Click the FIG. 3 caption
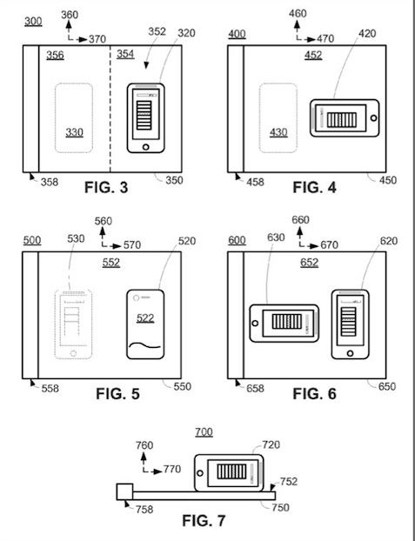coord(106,187)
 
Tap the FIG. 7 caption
coord(204,520)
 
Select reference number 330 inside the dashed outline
coord(74,132)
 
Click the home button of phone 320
coord(145,147)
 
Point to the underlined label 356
coord(55,55)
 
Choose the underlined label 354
coord(125,54)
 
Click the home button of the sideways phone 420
coord(373,118)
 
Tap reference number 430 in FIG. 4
coord(278,132)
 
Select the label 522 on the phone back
coord(145,317)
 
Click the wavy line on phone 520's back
coord(144,344)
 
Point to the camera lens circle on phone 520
coord(137,297)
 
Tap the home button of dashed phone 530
coord(73,353)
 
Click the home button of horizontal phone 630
coord(255,324)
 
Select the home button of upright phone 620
coord(350,353)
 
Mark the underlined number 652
coord(309,263)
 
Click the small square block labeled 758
coord(124,491)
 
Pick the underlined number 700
coord(204,432)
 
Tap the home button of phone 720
coord(200,472)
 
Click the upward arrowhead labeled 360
coord(69,24)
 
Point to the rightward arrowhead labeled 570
coord(117,246)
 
